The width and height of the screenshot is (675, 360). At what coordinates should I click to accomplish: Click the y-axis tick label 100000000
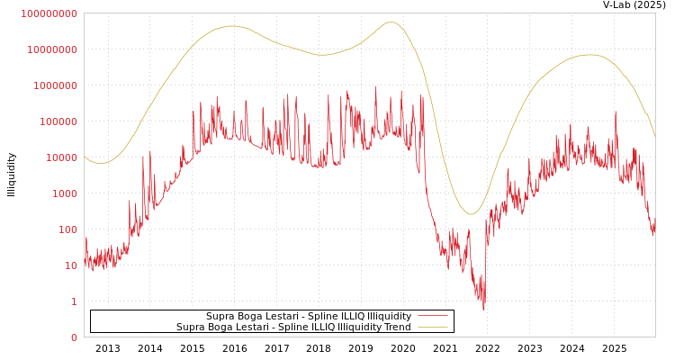click(x=49, y=13)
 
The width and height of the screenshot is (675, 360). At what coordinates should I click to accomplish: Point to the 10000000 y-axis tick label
click(x=52, y=49)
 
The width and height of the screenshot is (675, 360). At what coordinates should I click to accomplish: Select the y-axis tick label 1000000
click(x=55, y=85)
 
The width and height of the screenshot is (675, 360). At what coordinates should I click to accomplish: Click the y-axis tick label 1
click(x=74, y=301)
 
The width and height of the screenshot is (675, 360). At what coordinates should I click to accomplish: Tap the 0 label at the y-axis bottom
click(x=74, y=337)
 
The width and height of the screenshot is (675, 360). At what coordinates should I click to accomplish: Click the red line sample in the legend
click(x=432, y=316)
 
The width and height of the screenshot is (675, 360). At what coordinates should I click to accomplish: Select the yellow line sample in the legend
click(x=432, y=327)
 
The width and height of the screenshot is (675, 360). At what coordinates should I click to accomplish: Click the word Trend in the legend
click(x=396, y=327)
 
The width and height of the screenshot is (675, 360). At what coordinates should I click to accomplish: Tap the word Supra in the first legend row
click(x=220, y=316)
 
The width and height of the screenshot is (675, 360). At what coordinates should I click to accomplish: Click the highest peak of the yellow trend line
click(x=390, y=22)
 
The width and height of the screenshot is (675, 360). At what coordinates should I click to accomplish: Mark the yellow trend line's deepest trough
click(x=470, y=214)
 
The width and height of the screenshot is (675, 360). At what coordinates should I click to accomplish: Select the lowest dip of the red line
click(x=483, y=310)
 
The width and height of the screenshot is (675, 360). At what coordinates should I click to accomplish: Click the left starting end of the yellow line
click(x=85, y=157)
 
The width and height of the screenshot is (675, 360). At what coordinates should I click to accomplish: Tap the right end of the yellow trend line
click(x=654, y=135)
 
